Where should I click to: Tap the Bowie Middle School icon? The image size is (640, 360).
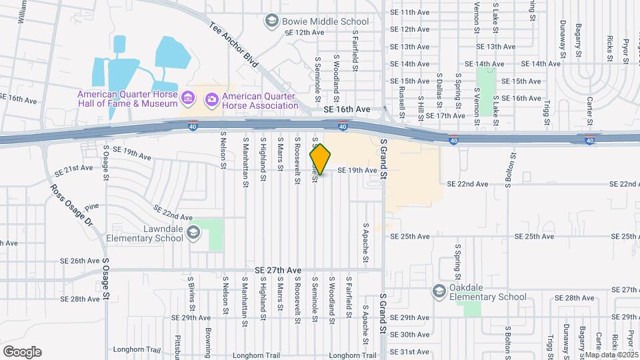(x=271, y=21)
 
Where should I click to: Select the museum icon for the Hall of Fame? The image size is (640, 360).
(x=188, y=99)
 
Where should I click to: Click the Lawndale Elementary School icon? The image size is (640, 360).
(x=193, y=232)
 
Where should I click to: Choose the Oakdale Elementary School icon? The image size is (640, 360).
(x=439, y=291)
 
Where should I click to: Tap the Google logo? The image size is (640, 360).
(x=22, y=352)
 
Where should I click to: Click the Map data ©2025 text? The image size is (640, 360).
(x=612, y=355)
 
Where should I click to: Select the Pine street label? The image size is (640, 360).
(x=91, y=207)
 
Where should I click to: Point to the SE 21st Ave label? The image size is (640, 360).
(x=77, y=168)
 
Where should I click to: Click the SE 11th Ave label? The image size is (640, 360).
(x=409, y=12)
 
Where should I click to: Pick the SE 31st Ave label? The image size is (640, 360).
(x=409, y=351)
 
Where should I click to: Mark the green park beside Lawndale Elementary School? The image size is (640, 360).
(x=215, y=235)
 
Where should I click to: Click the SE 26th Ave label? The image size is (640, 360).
(x=79, y=261)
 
